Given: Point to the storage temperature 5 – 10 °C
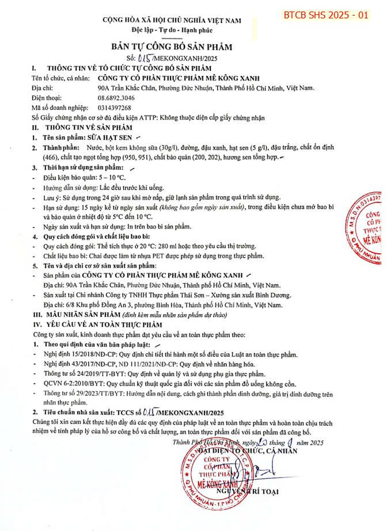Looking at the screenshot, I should [109, 178].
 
